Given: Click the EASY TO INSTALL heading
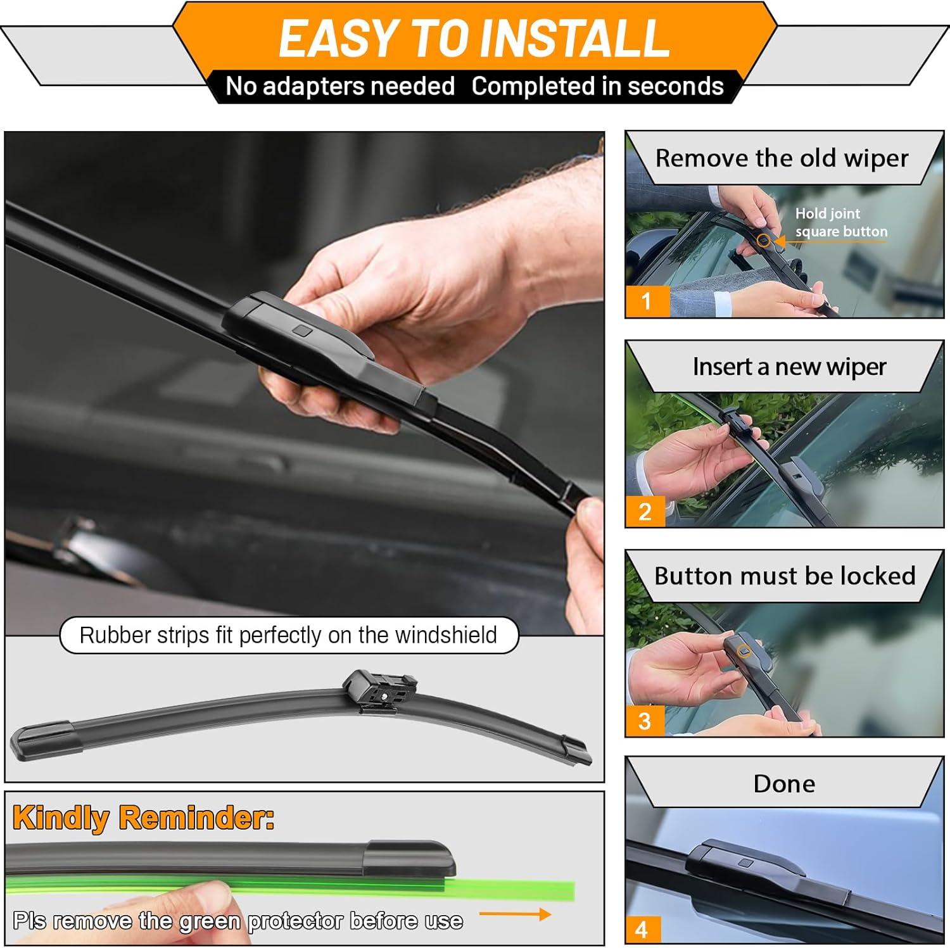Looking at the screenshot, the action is [x=474, y=39].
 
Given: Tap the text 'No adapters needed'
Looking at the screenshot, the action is [x=340, y=86].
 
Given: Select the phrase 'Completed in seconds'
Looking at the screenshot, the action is [x=597, y=86].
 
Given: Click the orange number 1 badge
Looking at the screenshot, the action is [x=647, y=301].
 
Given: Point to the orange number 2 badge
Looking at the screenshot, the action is [x=645, y=511].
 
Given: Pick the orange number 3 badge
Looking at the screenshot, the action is [x=645, y=721].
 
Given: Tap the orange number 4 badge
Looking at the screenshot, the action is [x=643, y=930].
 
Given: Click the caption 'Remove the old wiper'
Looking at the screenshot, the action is [x=782, y=158].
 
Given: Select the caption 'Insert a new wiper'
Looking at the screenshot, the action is [x=789, y=367].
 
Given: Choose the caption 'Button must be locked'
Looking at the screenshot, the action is [x=785, y=576].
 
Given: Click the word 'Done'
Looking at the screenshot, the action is [x=784, y=784].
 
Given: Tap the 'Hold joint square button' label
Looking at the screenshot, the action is [x=841, y=222].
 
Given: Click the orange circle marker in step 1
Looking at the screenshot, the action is [x=764, y=241].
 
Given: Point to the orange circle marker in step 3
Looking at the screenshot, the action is [x=745, y=651].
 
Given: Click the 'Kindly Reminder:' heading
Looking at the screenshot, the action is [x=144, y=818].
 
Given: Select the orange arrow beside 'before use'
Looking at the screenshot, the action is [x=515, y=914].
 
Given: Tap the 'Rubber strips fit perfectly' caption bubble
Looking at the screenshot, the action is [x=289, y=635].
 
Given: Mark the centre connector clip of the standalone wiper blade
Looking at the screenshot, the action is [x=379, y=692].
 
